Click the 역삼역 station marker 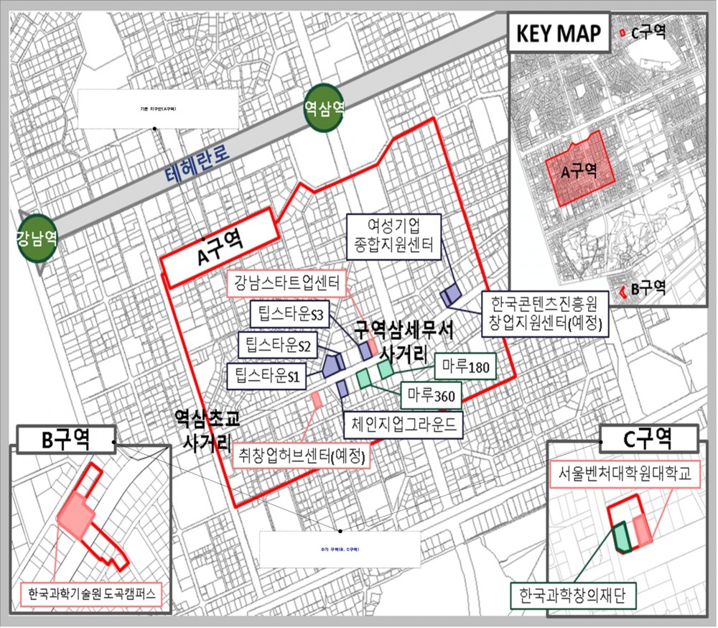[x=323, y=109]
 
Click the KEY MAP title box [x=559, y=33]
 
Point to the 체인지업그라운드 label [x=402, y=424]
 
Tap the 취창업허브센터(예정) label [x=302, y=455]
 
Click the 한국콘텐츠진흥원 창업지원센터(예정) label [x=545, y=313]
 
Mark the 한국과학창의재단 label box [x=572, y=594]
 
